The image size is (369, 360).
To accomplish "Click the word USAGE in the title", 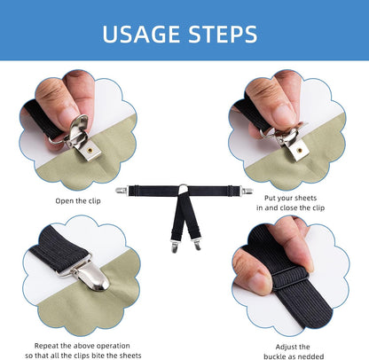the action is point(141,34).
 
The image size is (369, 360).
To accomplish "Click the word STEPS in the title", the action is point(223,34).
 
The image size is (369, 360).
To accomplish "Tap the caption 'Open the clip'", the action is point(78,201).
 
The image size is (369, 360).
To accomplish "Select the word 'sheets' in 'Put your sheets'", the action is point(303,198).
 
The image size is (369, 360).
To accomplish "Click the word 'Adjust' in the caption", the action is point(285,347).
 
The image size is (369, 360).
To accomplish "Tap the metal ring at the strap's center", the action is point(184,188).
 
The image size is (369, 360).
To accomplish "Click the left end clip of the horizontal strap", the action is point(122,191).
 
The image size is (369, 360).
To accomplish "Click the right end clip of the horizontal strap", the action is point(247,191).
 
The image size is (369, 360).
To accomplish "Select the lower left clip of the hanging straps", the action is point(175,246).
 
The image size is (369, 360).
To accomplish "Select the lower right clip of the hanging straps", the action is point(197,244).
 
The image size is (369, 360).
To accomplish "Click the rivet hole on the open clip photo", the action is point(90,150).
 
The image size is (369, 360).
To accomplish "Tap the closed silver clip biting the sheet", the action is point(88,276).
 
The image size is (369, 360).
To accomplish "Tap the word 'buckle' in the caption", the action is point(274,356).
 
